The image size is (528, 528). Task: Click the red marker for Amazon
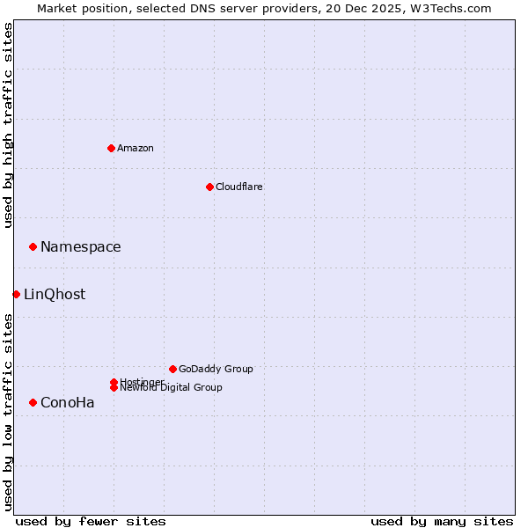point(111,148)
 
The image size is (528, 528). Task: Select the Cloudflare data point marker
point(209,187)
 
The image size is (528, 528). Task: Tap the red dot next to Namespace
point(33,246)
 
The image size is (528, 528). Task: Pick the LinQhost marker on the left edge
point(16,294)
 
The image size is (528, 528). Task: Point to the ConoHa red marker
point(33,402)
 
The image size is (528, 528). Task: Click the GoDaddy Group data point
point(172,369)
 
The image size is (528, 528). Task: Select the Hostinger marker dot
point(114,382)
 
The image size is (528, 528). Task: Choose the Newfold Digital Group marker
point(114,387)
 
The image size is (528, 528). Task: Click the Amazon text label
point(136,148)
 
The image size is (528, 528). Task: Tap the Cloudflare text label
point(239,187)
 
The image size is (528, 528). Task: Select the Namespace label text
point(81,247)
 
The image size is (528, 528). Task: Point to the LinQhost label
point(55,295)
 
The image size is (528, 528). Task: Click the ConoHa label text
point(68,403)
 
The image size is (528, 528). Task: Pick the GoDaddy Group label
point(216,369)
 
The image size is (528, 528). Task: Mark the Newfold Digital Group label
point(172,388)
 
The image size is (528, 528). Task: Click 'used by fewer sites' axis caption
point(91,521)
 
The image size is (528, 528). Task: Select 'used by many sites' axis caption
point(442,521)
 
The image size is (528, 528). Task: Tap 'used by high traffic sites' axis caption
point(8,125)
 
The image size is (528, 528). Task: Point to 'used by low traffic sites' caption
point(8,411)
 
